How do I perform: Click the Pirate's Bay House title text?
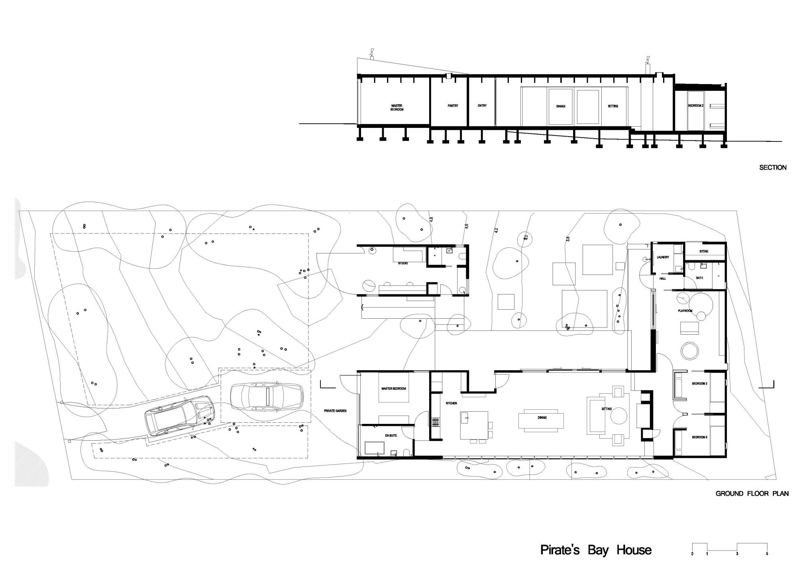coord(596,550)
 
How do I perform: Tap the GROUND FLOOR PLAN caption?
coord(752,493)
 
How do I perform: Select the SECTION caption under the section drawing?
coord(773,167)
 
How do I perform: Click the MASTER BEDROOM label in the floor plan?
coord(393,388)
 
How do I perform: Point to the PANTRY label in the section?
coord(453,106)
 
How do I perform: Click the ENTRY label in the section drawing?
coord(482,106)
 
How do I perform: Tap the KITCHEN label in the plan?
coord(451,404)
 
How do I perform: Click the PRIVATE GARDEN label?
coord(335,411)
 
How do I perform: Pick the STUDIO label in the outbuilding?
coord(403,263)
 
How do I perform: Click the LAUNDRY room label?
coord(662,257)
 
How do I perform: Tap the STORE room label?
coord(704,251)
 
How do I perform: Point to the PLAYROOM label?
coord(685,311)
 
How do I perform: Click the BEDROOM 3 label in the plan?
coord(699,437)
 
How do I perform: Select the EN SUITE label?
coord(391,436)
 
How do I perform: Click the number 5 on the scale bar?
coord(767,554)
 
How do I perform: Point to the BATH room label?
coord(699,278)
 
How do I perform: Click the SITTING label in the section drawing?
coord(613,106)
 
